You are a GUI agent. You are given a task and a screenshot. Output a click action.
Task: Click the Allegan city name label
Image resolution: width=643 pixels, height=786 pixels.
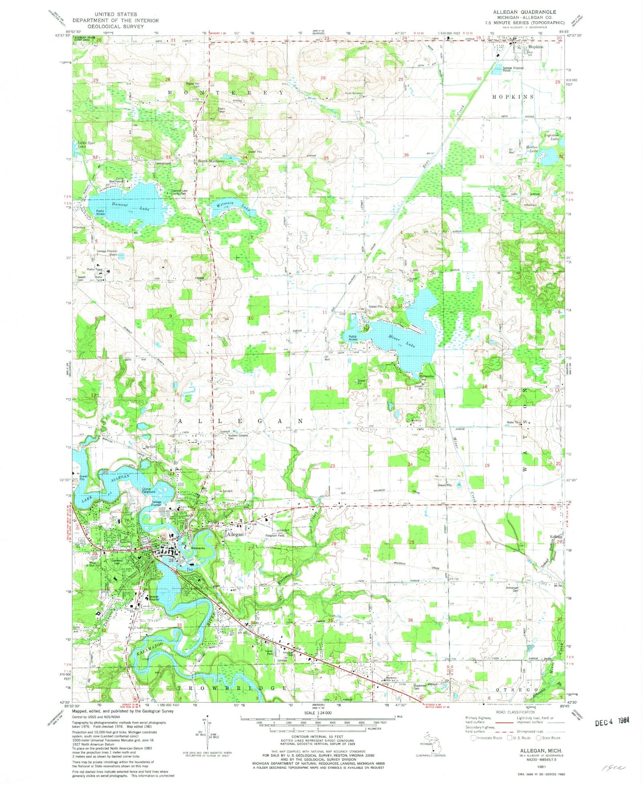[x=235, y=534]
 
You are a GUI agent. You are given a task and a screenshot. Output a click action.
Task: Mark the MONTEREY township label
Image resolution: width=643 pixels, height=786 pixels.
[x=225, y=92]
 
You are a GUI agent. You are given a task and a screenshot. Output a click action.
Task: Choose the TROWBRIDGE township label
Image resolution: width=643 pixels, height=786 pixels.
[x=232, y=688]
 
